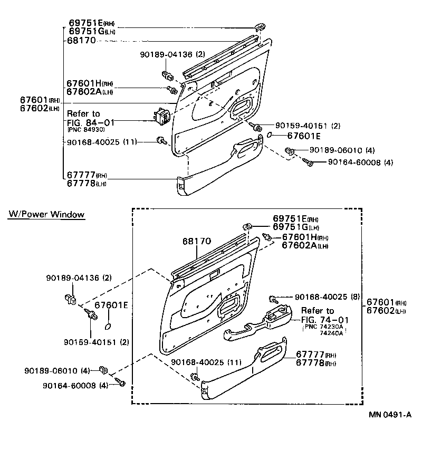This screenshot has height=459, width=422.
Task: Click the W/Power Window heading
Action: coord(46,215)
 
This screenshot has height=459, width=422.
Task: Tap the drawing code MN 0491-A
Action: coord(389,415)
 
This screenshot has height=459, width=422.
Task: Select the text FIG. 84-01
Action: coord(91,121)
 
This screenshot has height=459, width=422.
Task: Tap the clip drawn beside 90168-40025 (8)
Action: coord(273,299)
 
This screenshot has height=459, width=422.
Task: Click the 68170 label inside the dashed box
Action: coord(197,241)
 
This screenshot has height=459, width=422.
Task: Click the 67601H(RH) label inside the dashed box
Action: coord(305,237)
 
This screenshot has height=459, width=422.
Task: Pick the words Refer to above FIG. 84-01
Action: coord(83,113)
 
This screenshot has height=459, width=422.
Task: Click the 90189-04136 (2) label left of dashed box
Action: coord(78,278)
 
